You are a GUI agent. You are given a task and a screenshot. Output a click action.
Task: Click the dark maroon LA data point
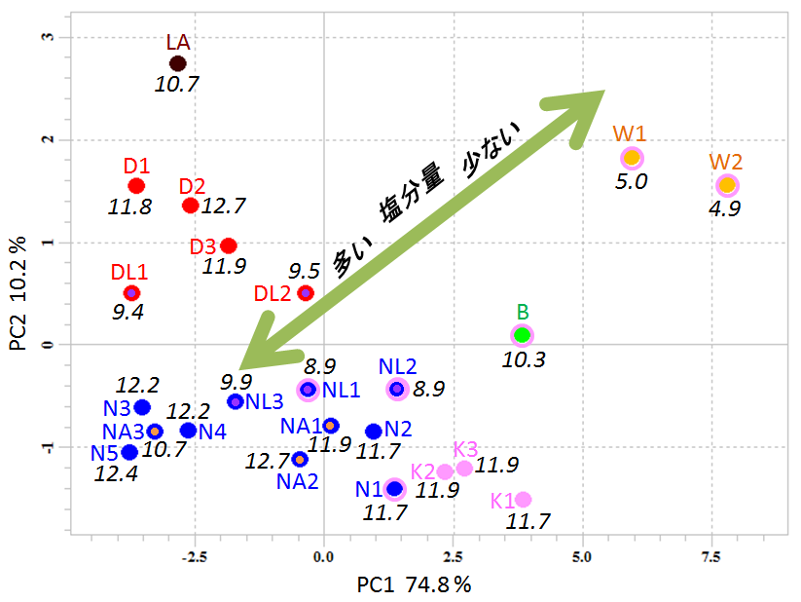(177, 63)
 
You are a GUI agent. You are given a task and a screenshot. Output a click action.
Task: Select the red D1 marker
(136, 185)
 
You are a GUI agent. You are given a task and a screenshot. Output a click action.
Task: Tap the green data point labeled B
(523, 335)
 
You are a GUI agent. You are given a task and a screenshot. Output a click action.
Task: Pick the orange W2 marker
(727, 185)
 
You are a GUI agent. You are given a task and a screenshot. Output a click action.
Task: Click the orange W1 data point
(632, 158)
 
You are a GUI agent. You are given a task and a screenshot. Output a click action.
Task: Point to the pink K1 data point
(523, 500)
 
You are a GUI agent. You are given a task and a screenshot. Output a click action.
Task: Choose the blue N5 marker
(129, 452)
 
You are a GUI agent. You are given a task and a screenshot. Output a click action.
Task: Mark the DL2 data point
(306, 293)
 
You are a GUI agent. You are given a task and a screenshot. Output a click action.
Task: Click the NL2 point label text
(397, 366)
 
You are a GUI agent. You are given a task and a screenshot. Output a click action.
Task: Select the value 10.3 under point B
(525, 359)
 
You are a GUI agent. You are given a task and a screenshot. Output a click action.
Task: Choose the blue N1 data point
(394, 489)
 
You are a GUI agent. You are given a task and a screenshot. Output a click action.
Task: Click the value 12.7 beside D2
(224, 206)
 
